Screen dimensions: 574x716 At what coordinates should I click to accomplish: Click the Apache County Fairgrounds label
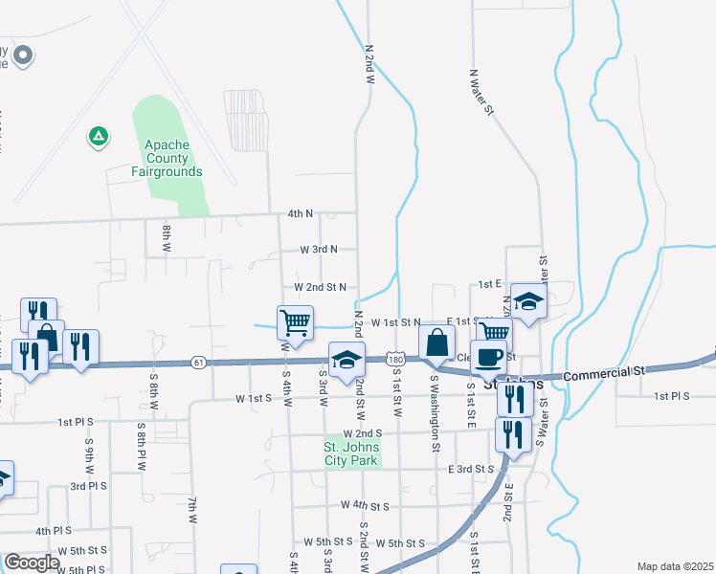pos(168,158)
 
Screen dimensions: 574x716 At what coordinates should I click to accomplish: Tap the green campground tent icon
pos(98,137)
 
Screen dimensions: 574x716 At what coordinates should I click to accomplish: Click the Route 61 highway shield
pos(198,362)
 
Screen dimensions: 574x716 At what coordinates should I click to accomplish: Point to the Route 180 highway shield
pos(395,359)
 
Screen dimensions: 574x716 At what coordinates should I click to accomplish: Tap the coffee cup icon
pos(489,356)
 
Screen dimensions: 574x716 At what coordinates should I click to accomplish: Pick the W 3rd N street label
pos(319,249)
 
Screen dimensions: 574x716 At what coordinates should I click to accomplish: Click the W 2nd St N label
pos(320,286)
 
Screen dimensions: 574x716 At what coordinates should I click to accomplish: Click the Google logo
pos(32,563)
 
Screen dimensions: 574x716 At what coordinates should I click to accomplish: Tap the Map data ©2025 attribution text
pos(675,566)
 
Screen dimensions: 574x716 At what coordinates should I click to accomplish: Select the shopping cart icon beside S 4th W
pos(295,321)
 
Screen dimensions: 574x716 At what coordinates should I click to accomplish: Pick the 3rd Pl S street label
pos(88,486)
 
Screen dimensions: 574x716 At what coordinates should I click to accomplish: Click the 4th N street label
pos(301,214)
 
